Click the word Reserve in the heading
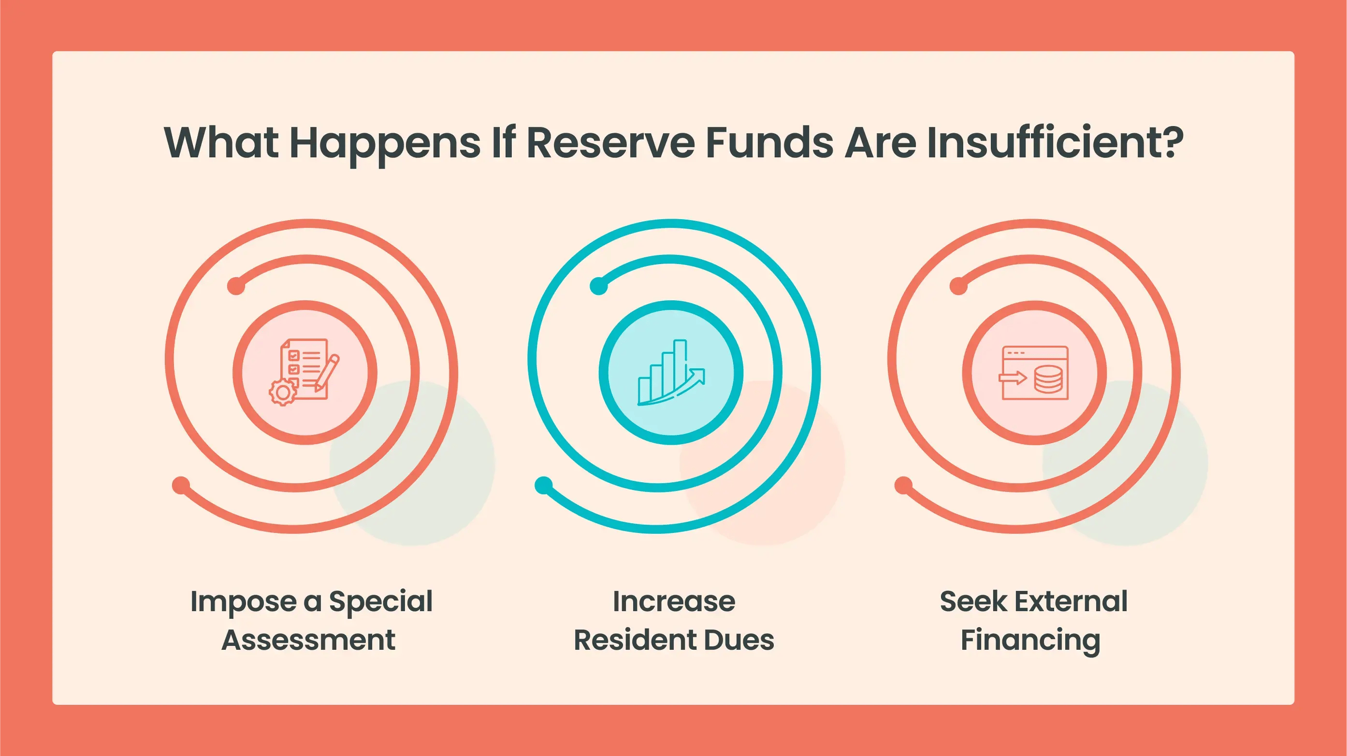610,142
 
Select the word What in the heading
221,142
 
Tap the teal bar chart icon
671,372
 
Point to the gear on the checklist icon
283,393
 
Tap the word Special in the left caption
381,602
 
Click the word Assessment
308,640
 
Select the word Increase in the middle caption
674,602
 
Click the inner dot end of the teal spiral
599,286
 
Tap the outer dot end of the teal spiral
544,485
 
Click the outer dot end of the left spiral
181,485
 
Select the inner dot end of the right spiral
958,286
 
